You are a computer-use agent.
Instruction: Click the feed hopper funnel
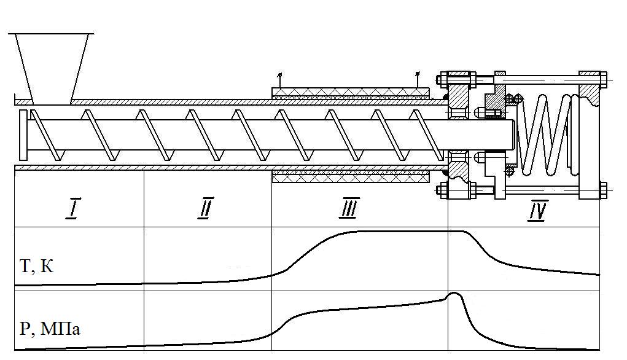tap(52, 65)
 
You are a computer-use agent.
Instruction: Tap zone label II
tap(204, 211)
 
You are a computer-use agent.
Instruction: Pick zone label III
tap(348, 211)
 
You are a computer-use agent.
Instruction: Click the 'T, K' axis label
tap(37, 266)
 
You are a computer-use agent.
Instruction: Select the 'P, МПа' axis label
tap(50, 329)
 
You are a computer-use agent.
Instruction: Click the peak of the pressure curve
tap(454, 294)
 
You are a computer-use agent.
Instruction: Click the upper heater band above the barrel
tap(350, 92)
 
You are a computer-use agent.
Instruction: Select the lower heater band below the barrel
tap(350, 178)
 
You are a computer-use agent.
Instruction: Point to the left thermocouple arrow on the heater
tap(279, 79)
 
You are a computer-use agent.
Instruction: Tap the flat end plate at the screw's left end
tap(23, 134)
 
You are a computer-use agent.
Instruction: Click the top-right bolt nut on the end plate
tap(603, 79)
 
